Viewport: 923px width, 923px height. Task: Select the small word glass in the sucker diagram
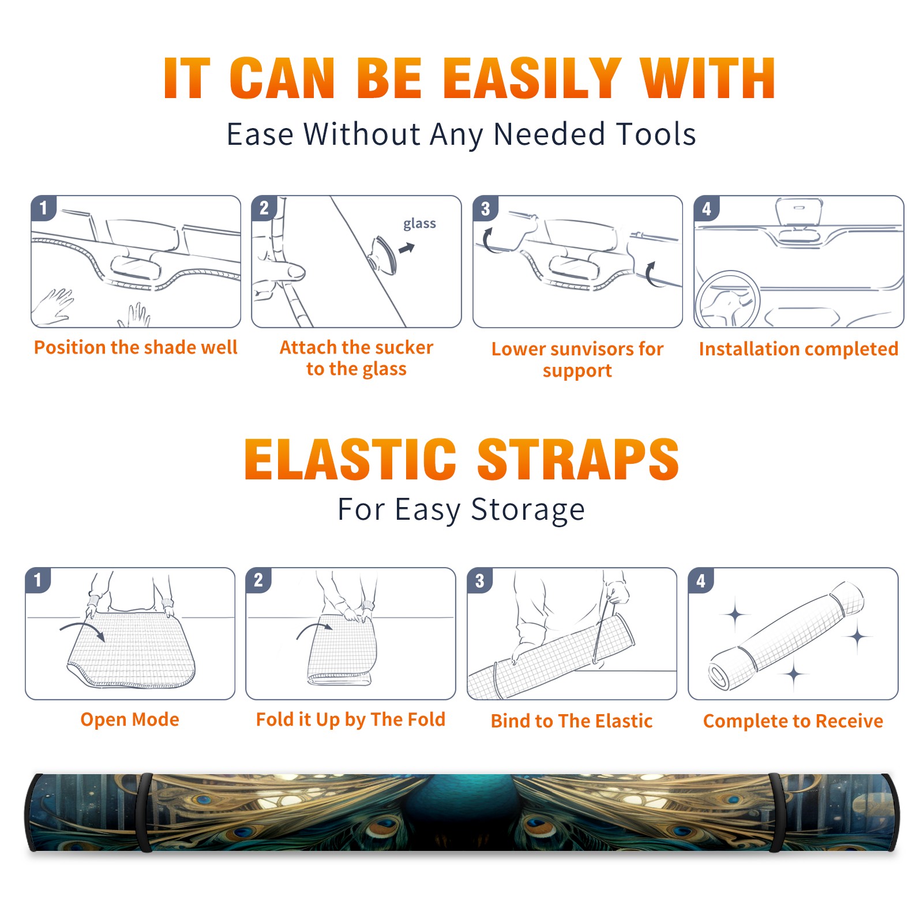(419, 224)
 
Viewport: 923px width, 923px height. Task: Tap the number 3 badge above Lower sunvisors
(485, 208)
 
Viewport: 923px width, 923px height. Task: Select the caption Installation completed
(798, 349)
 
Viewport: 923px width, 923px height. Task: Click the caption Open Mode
(130, 720)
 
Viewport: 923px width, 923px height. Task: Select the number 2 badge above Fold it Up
(258, 580)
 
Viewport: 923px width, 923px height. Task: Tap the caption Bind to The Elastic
(572, 721)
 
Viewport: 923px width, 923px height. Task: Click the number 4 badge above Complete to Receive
(701, 580)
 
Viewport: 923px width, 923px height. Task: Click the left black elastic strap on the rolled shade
(145, 812)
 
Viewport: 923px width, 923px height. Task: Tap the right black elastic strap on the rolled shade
(776, 812)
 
